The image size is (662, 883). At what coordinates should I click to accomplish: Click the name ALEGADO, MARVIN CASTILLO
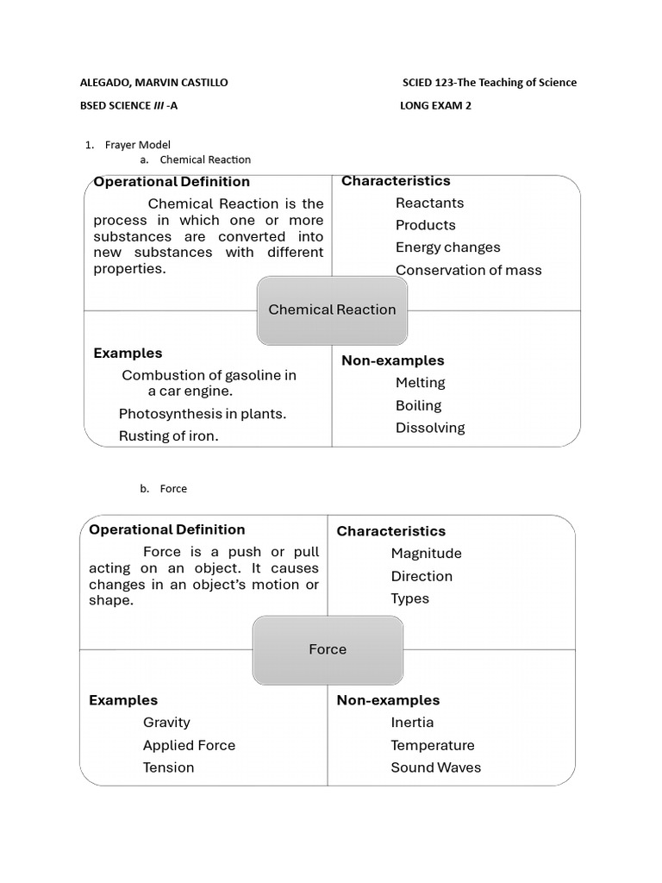(x=154, y=83)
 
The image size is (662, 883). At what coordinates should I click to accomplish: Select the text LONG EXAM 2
(x=435, y=106)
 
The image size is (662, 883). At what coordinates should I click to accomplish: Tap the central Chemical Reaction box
(x=332, y=310)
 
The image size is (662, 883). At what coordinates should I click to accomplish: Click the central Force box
(x=328, y=649)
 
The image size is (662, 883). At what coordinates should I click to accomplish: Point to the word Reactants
(x=429, y=203)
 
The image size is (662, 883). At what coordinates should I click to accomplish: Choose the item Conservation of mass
(x=468, y=270)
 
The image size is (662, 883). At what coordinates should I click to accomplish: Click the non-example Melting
(x=420, y=382)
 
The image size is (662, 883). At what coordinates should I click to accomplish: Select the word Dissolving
(x=429, y=428)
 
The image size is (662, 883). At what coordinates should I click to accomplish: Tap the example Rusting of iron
(x=169, y=436)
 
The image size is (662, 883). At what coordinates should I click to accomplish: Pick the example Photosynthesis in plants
(x=203, y=414)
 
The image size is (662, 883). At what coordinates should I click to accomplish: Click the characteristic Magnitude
(x=426, y=554)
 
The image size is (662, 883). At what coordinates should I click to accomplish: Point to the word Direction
(x=421, y=576)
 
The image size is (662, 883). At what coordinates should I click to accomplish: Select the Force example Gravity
(x=166, y=723)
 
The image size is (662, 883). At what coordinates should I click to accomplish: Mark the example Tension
(x=168, y=767)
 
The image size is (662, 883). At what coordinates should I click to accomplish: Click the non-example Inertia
(x=412, y=723)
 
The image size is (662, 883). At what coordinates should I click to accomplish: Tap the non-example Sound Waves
(x=435, y=767)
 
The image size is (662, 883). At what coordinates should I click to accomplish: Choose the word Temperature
(x=432, y=745)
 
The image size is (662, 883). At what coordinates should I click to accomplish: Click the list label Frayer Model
(x=138, y=145)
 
